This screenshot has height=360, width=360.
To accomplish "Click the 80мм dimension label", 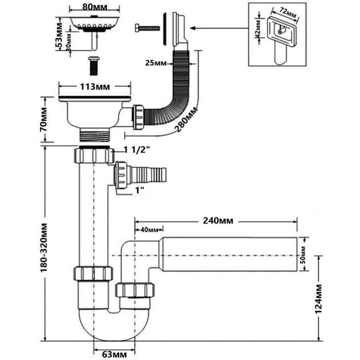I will [95, 6].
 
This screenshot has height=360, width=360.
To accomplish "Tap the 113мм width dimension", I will [95, 87].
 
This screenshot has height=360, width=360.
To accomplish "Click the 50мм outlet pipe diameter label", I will [303, 255].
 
